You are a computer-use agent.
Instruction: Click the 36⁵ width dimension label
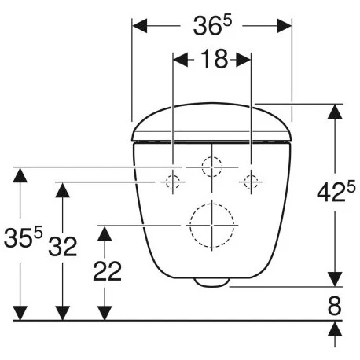(x=212, y=25)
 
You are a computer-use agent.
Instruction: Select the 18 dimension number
(x=215, y=59)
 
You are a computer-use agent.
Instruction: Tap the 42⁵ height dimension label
(x=336, y=191)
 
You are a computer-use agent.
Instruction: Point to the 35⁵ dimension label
(x=23, y=237)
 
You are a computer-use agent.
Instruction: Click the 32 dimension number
(x=63, y=246)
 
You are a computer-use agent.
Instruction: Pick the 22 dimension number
(x=108, y=271)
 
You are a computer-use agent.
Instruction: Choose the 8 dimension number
(x=335, y=306)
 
